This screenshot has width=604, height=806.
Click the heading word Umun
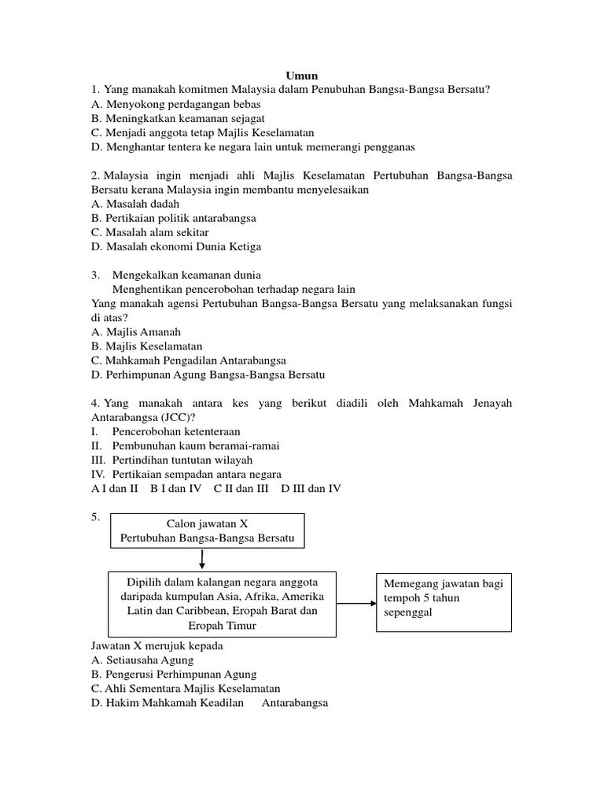302,76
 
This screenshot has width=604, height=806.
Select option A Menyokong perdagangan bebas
175,104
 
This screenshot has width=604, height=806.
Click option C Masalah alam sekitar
149,232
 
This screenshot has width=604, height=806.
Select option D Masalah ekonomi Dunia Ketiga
176,246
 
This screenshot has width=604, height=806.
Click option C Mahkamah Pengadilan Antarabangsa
189,360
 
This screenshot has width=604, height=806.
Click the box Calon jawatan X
207,530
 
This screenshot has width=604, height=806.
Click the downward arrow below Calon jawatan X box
203,560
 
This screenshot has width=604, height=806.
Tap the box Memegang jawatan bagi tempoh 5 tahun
444,598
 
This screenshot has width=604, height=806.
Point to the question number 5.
96,517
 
